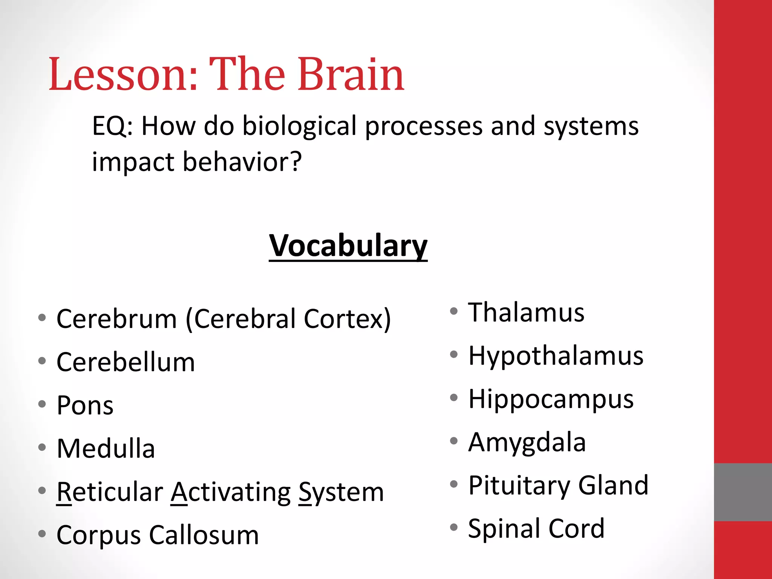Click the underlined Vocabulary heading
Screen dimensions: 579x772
coord(348,246)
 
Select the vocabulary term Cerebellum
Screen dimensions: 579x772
coord(126,362)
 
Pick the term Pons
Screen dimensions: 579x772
coord(85,406)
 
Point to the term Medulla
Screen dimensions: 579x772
coord(106,449)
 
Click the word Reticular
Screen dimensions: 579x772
coord(110,492)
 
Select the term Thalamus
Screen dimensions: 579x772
coord(526,312)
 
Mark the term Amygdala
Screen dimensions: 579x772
coord(527,442)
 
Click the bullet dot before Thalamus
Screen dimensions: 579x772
coord(454,311)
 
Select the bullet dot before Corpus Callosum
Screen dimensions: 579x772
coord(42,534)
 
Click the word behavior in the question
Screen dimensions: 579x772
coord(241,162)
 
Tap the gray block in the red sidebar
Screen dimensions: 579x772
coord(743,492)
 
